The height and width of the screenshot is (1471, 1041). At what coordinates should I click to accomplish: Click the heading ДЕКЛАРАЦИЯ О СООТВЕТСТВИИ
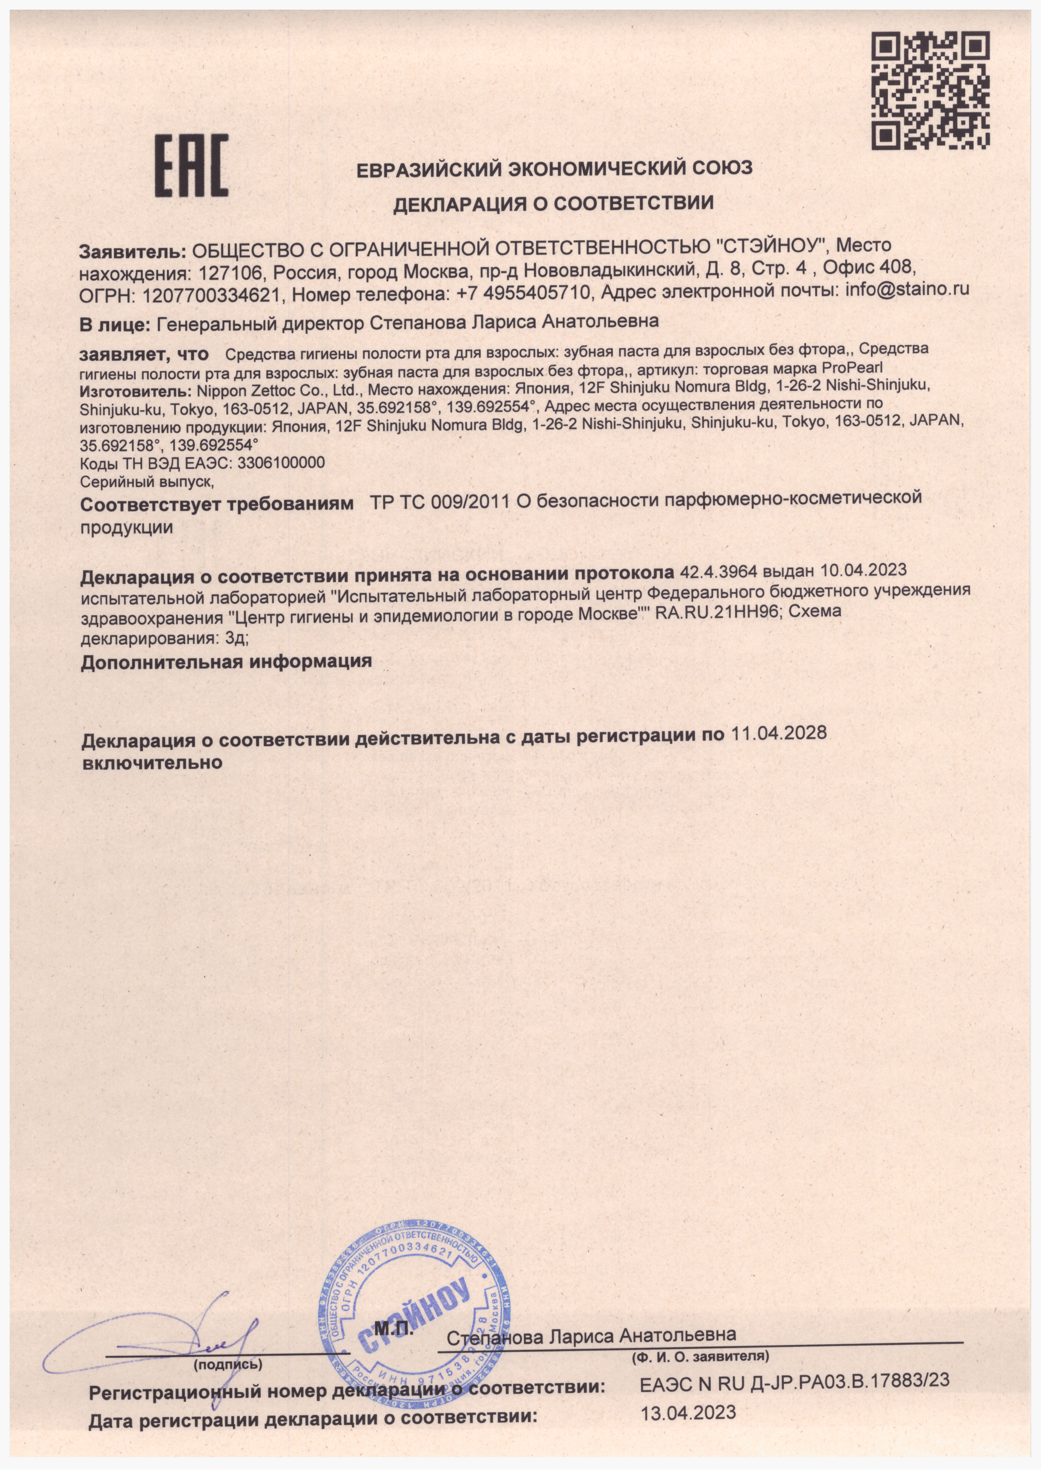[553, 204]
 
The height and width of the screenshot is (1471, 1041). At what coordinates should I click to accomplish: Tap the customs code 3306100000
[281, 463]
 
